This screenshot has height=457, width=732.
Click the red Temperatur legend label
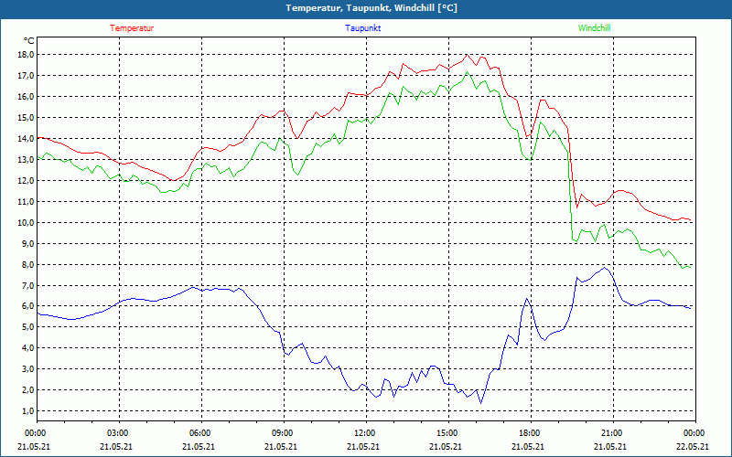click(132, 28)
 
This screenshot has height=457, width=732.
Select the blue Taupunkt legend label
click(363, 28)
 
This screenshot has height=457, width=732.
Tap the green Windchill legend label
click(594, 28)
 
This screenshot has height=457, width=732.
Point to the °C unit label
click(29, 40)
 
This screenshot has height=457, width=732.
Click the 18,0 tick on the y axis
click(26, 54)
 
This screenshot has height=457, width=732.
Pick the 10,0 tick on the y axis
click(26, 222)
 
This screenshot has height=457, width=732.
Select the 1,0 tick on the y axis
click(27, 411)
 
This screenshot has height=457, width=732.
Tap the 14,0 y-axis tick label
click(26, 138)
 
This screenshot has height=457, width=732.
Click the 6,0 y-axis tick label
click(27, 306)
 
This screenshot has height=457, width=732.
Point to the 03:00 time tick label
click(118, 432)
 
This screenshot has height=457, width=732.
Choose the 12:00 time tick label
click(365, 432)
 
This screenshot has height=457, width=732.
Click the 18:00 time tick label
click(530, 432)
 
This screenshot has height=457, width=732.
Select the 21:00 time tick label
click(612, 432)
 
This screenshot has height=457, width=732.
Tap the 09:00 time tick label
click(283, 432)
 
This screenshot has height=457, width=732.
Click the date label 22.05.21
click(693, 446)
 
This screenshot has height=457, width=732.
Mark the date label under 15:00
click(447, 446)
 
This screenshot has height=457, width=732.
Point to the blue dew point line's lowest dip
click(481, 403)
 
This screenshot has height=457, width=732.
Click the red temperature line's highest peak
click(467, 54)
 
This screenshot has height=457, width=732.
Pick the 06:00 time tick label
click(200, 432)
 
